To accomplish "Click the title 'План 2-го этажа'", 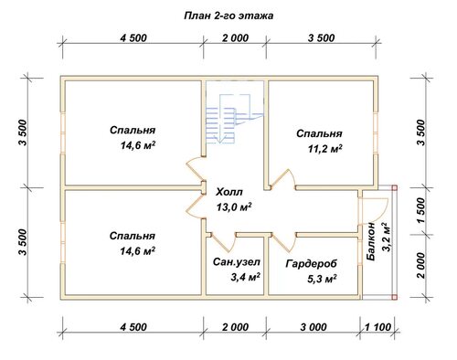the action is (x=228, y=16).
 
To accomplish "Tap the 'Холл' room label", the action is (x=229, y=192).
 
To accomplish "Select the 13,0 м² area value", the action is (x=234, y=207).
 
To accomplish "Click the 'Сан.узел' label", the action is (x=237, y=261).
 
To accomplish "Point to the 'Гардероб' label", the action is (x=312, y=263).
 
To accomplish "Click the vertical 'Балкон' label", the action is (x=371, y=241).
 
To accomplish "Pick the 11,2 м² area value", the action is (x=324, y=149).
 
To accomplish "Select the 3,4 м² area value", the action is (x=245, y=277).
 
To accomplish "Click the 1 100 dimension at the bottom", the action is (x=377, y=327).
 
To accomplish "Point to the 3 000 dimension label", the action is (x=314, y=327).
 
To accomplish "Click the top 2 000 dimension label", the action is (x=235, y=38).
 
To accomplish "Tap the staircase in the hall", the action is (x=234, y=119).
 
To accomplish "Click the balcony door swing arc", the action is (x=382, y=211).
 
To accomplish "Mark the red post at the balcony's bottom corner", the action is (x=395, y=297).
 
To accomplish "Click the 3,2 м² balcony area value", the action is (x=386, y=238).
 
